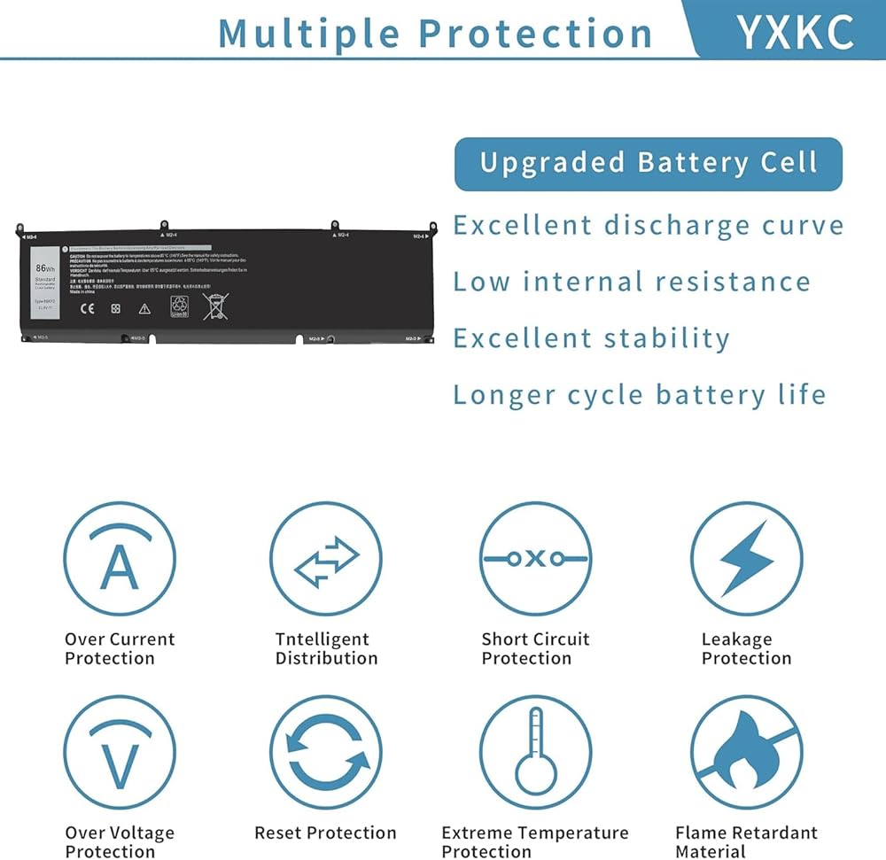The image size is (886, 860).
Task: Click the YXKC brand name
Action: pos(794,31)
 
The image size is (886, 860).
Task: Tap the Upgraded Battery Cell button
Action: pos(648,164)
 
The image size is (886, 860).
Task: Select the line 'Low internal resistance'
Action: pos(632,282)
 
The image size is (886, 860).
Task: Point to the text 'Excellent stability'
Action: pos(591,338)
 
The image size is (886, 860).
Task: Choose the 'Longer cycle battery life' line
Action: pos(639,394)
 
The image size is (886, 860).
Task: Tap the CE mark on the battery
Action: pos(87,308)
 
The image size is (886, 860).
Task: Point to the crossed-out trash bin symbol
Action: pos(215,306)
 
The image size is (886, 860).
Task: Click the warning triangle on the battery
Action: pos(144,308)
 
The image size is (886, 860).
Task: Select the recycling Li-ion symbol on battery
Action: pos(179,306)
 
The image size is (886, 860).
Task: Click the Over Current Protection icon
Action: pos(120,559)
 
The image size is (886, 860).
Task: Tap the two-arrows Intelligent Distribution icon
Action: pos(326,559)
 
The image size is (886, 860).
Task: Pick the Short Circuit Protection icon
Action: pos(535,559)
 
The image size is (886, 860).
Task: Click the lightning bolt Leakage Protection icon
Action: pos(746,559)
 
